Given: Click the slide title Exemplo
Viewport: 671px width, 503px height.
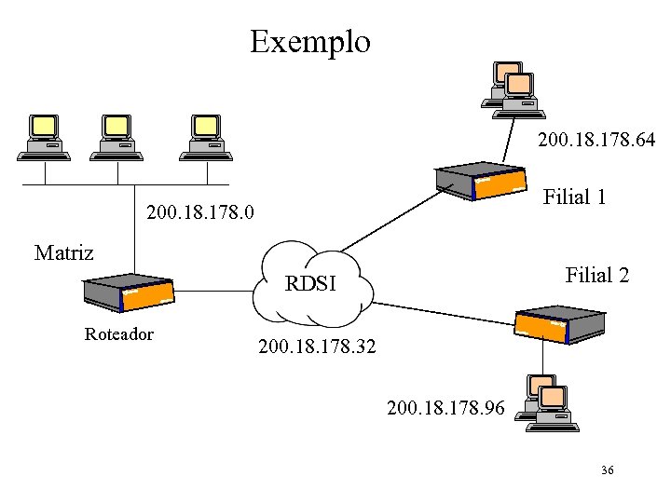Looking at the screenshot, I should click(x=310, y=42).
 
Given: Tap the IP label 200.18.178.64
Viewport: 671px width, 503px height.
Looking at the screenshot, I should click(x=596, y=141).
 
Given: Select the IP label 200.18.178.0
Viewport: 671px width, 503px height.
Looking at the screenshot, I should click(x=200, y=215).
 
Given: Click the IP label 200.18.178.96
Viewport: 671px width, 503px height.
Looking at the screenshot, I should click(x=446, y=407).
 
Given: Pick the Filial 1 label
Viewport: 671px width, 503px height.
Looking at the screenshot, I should click(x=575, y=197).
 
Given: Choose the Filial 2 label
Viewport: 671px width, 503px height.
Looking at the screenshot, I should click(x=596, y=275).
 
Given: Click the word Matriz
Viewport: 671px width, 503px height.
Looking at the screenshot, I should click(x=63, y=252).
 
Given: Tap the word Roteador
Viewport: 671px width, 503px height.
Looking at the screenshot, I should click(x=118, y=333).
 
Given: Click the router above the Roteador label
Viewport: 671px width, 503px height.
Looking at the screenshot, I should click(x=128, y=293).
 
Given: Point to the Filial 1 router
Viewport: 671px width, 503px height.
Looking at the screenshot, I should click(x=483, y=181).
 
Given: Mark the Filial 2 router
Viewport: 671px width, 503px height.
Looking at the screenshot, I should click(x=558, y=322).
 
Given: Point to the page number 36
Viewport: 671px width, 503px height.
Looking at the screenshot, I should click(x=608, y=471).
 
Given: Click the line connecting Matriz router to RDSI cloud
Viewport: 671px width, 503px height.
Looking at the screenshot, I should click(x=213, y=291).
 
